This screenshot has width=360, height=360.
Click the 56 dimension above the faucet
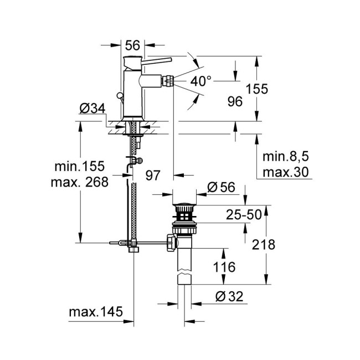coord(132,44)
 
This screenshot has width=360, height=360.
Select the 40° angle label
coord(201,81)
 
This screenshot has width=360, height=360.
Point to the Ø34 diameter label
coord(91,109)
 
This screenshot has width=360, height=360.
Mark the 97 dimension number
coord(153,176)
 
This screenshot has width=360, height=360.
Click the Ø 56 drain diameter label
coord(221,187)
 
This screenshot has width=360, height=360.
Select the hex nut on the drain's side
coord(170,241)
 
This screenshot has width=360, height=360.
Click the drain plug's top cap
coord(185,207)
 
